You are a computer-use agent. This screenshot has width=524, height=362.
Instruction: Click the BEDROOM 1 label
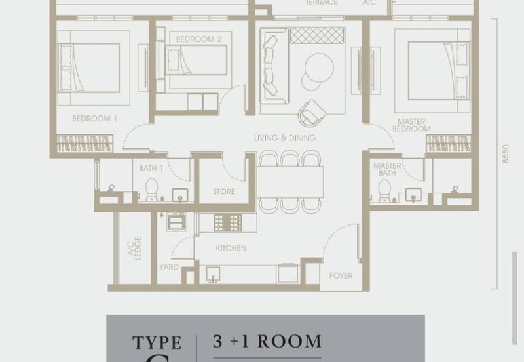pos(94,119)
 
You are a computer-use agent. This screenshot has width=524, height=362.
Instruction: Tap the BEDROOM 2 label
pos(195,39)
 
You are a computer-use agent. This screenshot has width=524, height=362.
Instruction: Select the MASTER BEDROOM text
pos(412,125)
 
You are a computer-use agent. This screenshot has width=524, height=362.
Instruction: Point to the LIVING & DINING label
pos(285,138)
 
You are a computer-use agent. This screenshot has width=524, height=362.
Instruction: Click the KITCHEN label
pos(231,248)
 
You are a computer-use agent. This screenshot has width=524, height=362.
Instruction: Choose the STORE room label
pos(223,192)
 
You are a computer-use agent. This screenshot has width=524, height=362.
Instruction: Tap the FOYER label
pos(341,275)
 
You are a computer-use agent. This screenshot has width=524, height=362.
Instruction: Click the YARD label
pos(168,267)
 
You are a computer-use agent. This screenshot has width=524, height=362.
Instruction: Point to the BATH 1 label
pos(150,169)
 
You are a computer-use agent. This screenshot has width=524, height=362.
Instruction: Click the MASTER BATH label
pos(387,171)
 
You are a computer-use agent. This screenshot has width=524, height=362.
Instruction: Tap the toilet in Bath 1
pos(151,190)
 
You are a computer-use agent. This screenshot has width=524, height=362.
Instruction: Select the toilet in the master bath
pos(384,190)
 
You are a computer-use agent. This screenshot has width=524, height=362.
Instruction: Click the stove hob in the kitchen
pos(228,222)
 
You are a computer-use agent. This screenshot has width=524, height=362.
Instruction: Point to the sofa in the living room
pos(271,66)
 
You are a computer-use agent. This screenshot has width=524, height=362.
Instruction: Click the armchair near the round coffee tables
pos(312,113)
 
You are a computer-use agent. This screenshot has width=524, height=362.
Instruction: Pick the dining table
pos(290,181)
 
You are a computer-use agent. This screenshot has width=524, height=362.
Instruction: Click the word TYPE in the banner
pos(157,342)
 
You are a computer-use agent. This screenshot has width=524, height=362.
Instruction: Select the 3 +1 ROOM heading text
pos(267,341)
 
